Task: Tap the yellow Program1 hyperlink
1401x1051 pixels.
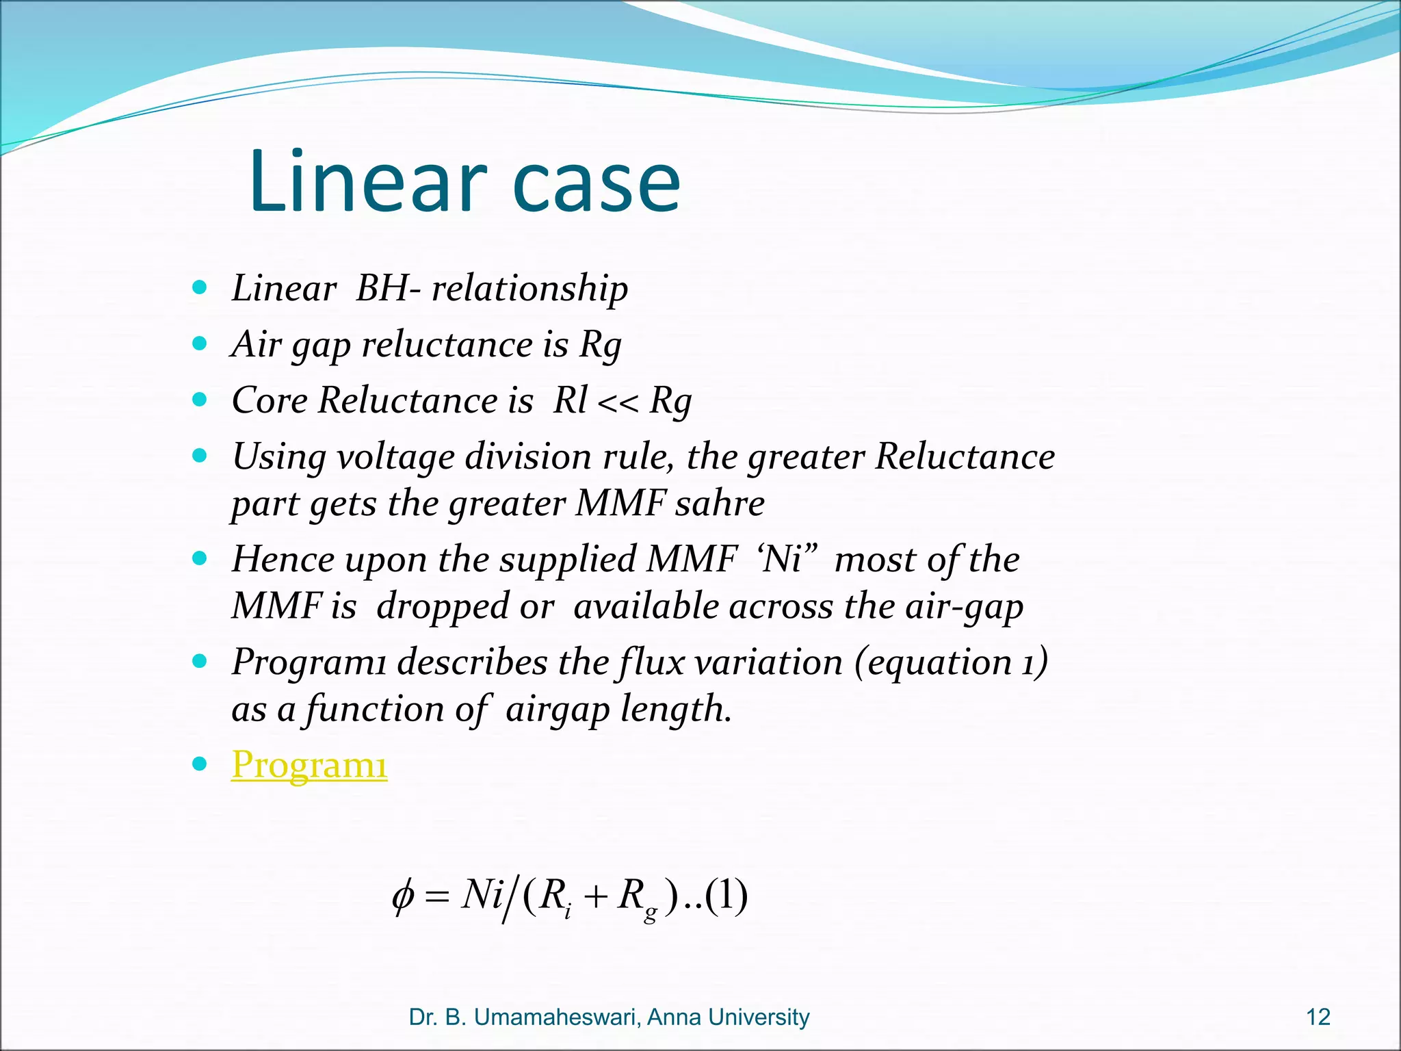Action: [309, 764]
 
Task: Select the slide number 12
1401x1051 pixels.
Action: [1318, 1017]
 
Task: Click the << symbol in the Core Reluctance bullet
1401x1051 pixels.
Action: [618, 402]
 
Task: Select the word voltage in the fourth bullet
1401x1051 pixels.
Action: [396, 458]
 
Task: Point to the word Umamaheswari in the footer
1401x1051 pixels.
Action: [557, 1017]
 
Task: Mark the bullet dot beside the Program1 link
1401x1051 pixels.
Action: [199, 763]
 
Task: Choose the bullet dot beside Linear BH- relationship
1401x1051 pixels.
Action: [199, 287]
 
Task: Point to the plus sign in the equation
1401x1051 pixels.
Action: [595, 897]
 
